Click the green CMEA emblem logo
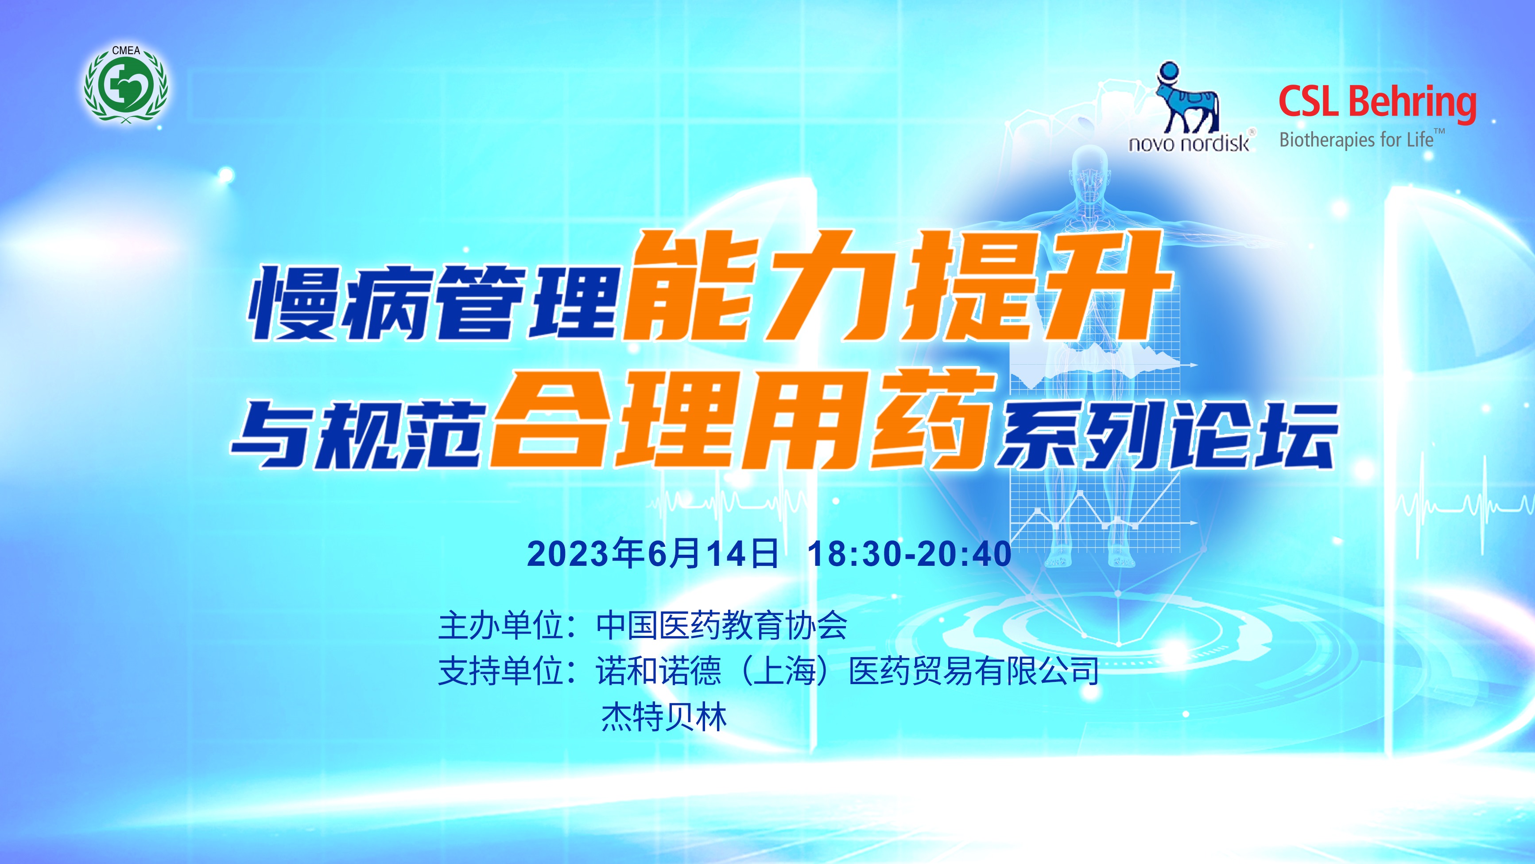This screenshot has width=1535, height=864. [126, 84]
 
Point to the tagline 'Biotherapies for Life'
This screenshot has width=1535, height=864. [1356, 140]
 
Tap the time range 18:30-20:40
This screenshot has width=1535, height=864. [909, 553]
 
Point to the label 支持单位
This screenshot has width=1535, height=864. [500, 671]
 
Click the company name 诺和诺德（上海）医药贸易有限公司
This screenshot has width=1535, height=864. [847, 671]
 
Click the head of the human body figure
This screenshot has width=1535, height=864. [1090, 164]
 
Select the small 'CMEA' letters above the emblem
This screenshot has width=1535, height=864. [126, 51]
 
